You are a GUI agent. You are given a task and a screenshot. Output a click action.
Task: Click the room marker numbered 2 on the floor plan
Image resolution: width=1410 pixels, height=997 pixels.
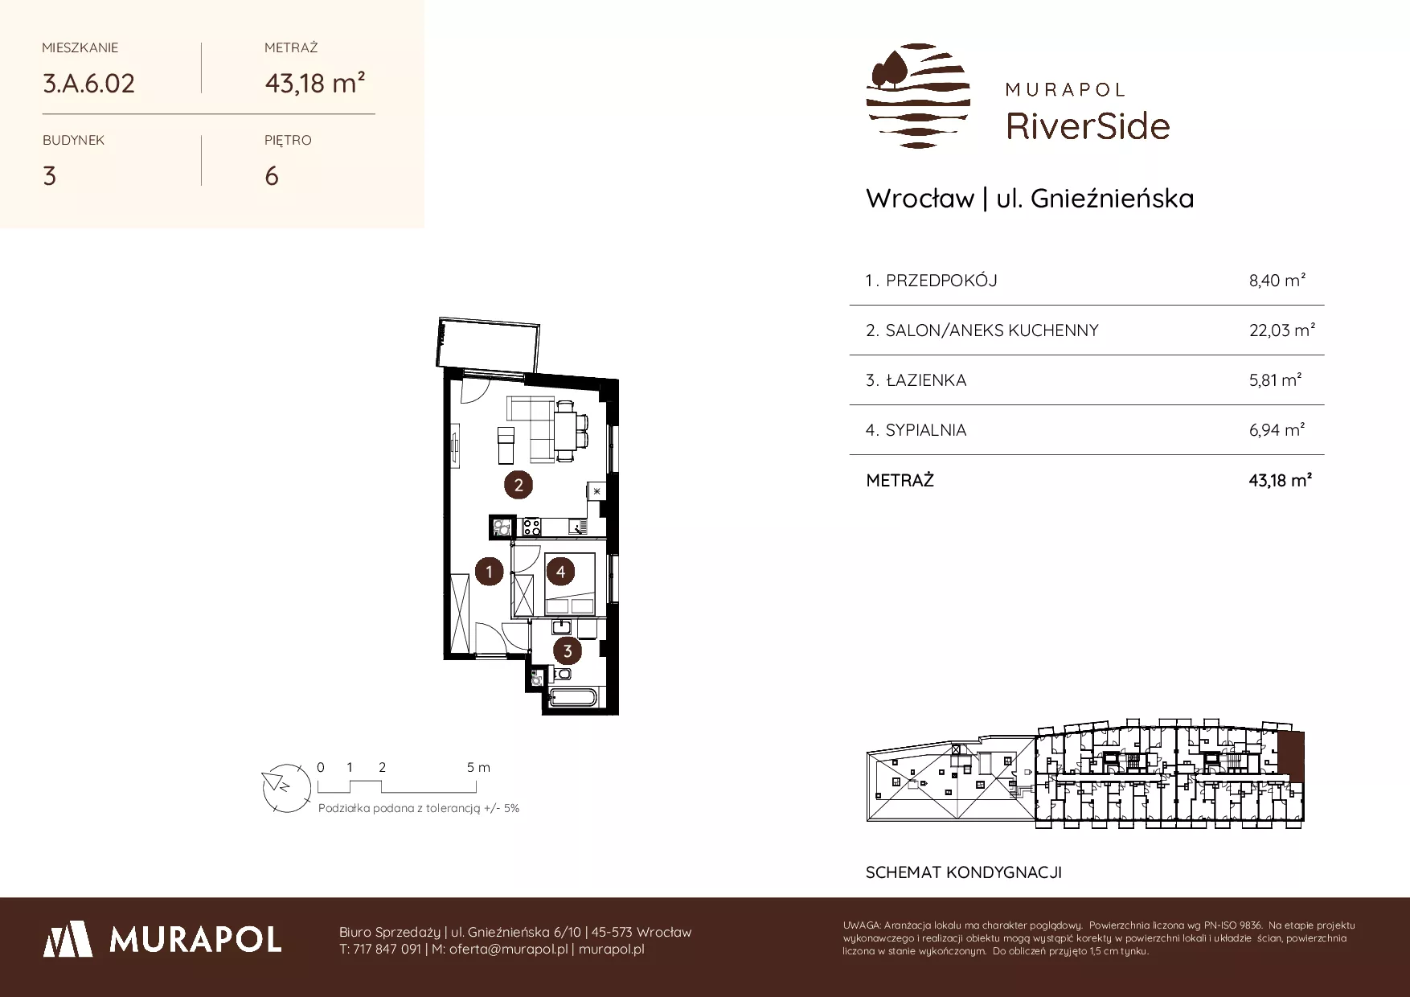519,484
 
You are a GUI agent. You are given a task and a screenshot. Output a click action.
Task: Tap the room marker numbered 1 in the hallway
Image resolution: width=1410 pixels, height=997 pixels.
489,572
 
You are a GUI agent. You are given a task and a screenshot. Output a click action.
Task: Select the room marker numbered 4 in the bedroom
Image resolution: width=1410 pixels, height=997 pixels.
560,572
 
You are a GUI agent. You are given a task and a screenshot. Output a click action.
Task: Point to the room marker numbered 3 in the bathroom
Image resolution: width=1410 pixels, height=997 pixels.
568,651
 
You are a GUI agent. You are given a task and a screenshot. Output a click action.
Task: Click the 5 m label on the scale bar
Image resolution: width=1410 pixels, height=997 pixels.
478,767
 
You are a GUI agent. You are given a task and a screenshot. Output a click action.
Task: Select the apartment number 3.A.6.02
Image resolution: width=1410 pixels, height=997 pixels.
89,84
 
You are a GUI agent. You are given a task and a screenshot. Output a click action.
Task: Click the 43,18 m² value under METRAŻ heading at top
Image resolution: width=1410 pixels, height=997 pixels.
315,83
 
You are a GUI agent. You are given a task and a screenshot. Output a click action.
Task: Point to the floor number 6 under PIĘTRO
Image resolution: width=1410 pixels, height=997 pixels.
272,176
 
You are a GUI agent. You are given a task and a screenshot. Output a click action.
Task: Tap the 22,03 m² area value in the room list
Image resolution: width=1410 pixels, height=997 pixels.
1281,330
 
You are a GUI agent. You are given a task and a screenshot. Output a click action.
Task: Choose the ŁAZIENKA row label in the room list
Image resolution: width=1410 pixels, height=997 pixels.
926,380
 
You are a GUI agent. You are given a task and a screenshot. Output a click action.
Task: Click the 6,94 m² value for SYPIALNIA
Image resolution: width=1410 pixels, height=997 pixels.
1277,429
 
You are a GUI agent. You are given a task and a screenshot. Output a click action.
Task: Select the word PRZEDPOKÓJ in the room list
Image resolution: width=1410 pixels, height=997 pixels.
941,281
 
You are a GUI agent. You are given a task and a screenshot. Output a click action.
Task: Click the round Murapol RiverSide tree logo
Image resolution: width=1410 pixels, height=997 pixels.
918,96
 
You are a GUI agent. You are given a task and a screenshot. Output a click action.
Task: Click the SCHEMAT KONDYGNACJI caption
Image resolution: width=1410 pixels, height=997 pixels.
964,872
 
